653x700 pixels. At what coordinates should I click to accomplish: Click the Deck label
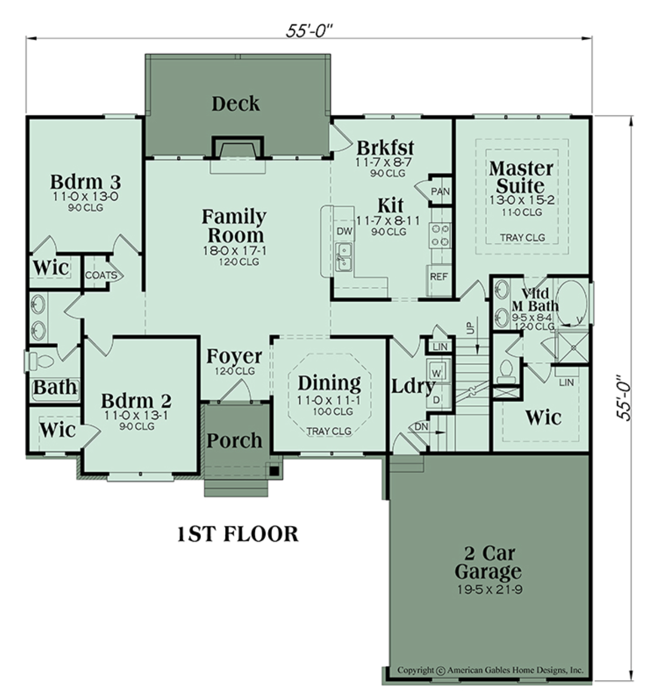coord(235,104)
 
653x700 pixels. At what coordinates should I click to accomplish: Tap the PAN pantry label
coord(440,192)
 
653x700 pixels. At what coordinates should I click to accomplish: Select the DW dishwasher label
coord(344,231)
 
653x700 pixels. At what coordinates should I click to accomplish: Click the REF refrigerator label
coord(439,277)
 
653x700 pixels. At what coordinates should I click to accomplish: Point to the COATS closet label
coord(100,275)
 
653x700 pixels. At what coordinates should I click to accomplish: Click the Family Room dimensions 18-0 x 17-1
coord(235,250)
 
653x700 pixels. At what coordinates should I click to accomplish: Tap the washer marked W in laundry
coord(437,372)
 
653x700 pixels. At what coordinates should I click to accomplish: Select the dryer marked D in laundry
coord(437,399)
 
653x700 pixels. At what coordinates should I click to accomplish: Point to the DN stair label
coord(421,427)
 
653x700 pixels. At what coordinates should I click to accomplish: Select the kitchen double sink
coord(343,257)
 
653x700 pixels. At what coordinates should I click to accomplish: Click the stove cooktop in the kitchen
coord(440,235)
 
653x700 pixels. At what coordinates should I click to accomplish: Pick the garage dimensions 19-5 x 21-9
coord(489,589)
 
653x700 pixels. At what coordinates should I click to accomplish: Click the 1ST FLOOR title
coord(237,534)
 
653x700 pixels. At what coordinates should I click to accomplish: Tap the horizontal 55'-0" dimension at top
coord(309,31)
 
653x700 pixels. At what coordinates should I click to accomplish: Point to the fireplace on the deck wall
coord(237,148)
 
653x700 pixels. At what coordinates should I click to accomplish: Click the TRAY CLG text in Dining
coord(329,431)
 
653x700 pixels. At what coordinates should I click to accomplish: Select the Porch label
coord(234,440)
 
